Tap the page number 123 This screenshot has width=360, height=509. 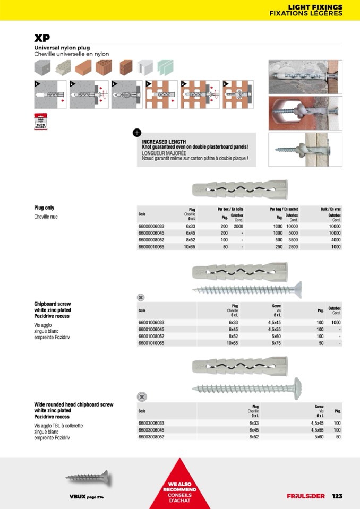click(337, 496)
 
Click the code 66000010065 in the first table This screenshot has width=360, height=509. click(152, 247)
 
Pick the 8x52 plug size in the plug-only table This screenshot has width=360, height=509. click(190, 240)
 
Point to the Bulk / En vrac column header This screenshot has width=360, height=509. click(330, 209)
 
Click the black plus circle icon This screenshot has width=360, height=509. click(136, 133)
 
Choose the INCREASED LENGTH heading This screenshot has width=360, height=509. click(164, 142)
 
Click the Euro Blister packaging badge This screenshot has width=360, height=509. click(41, 122)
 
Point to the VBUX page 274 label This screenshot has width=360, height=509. click(86, 496)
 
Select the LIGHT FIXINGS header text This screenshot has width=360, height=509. click(315, 7)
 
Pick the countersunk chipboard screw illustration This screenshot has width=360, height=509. click(241, 289)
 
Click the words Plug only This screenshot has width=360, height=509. click(44, 208)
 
